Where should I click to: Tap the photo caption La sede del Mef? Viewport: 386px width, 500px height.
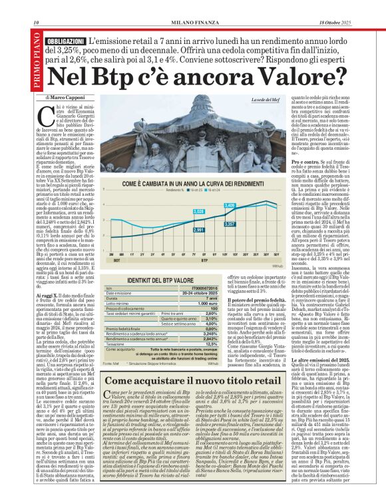pos(266,99)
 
